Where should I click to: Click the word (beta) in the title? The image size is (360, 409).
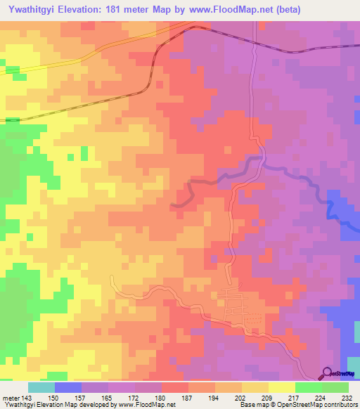(341, 9)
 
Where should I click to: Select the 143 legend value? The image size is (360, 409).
(27, 398)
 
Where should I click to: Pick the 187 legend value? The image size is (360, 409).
(188, 398)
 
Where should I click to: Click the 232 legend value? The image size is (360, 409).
(347, 398)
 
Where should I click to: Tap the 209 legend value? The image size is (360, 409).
(267, 398)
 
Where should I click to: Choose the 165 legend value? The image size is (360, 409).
(108, 398)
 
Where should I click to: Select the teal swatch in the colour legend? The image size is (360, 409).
(41, 387)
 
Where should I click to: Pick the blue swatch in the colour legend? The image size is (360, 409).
(67, 387)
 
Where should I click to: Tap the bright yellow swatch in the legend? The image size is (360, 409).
(281, 387)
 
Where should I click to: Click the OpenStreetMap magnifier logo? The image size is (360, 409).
(327, 374)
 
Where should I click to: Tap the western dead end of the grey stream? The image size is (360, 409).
(174, 204)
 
